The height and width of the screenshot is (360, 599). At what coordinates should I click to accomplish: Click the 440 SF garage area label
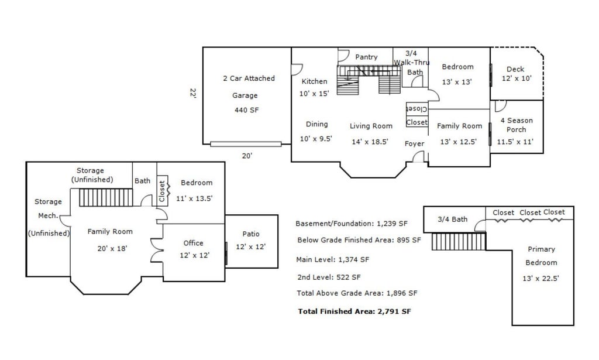[x=246, y=110]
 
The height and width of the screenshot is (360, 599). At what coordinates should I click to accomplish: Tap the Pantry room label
[x=366, y=57]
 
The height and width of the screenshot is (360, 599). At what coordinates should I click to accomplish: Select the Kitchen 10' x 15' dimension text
[x=314, y=94]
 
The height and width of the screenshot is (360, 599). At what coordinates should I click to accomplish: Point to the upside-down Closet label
[x=417, y=109]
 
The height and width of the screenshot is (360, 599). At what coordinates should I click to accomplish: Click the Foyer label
[x=415, y=143]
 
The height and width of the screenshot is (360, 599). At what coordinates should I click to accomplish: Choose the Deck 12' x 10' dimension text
[x=517, y=78]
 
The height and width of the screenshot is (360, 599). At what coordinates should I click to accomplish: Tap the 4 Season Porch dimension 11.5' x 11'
[x=515, y=142]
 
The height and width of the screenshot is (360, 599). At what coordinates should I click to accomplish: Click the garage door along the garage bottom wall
[x=246, y=144]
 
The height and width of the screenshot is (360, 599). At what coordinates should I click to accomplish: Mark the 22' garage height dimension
[x=193, y=93]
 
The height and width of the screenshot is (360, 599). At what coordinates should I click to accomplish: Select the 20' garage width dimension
[x=247, y=156]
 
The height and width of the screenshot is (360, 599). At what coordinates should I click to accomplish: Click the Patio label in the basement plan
[x=250, y=234]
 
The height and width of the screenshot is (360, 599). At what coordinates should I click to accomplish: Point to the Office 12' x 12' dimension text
[x=194, y=255]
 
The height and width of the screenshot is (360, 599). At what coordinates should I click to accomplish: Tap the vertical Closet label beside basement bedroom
[x=161, y=191]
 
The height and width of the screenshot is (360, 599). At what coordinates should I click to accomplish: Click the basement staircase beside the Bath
[x=106, y=197]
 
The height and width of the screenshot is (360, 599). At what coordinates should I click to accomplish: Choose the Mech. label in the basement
[x=48, y=215]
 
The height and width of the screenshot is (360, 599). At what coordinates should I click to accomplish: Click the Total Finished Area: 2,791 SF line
[x=354, y=311]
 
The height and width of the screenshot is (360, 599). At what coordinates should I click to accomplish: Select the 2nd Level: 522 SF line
[x=329, y=277]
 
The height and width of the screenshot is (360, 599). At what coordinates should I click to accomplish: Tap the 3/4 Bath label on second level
[x=453, y=220]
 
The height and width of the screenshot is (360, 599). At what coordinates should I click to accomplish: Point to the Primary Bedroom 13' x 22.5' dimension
[x=541, y=279]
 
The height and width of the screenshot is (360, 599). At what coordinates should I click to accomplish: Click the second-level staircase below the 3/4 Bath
[x=459, y=241]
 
